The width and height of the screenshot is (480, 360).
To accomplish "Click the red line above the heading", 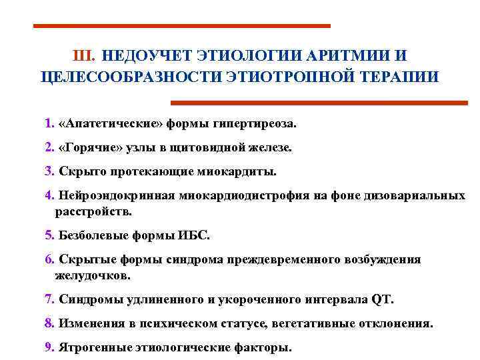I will click(181, 26).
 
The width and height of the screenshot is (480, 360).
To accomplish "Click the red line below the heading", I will click(319, 103).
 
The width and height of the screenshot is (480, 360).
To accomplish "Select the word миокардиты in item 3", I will click(236, 171).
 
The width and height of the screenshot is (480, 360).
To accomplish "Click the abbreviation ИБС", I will click(195, 235).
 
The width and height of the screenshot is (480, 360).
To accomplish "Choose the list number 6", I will click(49, 259).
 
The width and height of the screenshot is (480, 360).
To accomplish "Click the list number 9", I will click(49, 347).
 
